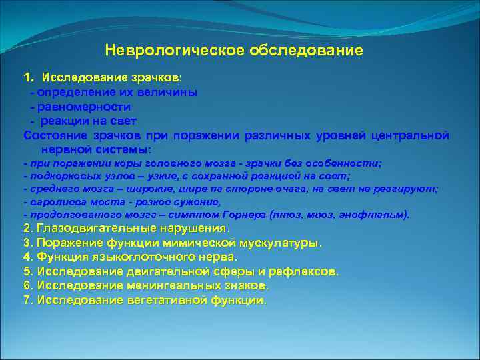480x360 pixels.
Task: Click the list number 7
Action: point(27,300)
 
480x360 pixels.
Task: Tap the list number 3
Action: point(27,243)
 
